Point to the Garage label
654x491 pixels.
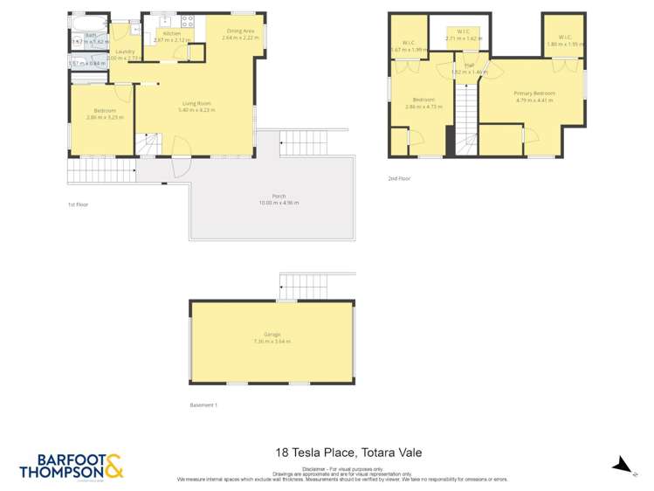coord(272,335)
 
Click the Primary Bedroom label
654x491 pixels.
coord(535,93)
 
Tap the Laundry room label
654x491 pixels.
coord(122,52)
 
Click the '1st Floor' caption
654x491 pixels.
coord(78,204)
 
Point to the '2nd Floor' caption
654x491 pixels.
coord(399,178)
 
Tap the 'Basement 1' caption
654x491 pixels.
coord(203,405)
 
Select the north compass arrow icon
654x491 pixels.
coord(621,464)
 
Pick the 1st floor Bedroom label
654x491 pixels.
coord(104,110)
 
